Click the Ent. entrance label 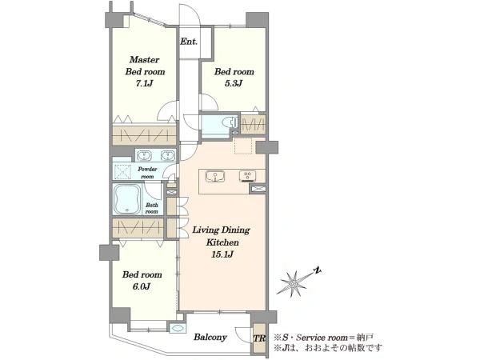tap(189, 42)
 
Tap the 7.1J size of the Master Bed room tap(144, 83)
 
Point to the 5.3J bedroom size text tap(234, 83)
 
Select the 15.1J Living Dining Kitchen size tap(222, 254)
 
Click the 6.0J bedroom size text tap(142, 286)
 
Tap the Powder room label tap(147, 173)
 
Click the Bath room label tap(152, 208)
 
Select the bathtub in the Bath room tap(127, 199)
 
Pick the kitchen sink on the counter tap(215, 176)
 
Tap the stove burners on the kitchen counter tap(248, 176)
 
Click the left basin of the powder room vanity tap(143, 155)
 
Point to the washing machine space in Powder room tap(122, 171)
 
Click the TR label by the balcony tap(259, 338)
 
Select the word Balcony tap(210, 338)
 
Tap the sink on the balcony tap(178, 327)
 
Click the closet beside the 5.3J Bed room tap(253, 124)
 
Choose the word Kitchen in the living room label tap(222, 242)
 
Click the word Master tap(144, 59)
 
